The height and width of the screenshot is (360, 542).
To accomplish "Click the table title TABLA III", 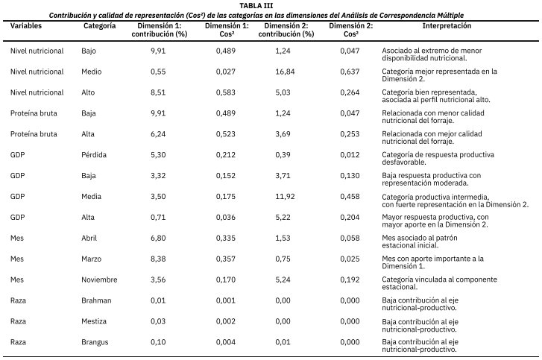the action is [256, 6].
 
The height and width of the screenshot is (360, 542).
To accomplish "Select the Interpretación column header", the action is [447, 26].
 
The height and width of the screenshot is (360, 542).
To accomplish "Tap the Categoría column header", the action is [100, 26].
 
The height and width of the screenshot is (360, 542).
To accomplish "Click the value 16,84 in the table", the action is [285, 72].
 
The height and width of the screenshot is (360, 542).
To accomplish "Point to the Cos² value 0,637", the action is [350, 72].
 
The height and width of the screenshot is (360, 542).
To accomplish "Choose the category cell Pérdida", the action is [94, 155].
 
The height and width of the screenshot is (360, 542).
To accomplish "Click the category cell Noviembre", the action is [99, 280].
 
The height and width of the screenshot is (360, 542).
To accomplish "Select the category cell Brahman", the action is [96, 300].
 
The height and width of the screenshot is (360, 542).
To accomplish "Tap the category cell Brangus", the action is [95, 342].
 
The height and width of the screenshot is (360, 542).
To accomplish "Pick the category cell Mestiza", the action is [94, 321].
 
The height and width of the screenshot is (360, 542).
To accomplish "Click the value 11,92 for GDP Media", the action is [285, 196].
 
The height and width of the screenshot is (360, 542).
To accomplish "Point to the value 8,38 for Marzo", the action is [158, 259].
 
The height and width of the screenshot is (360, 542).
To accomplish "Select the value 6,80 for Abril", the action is [158, 238].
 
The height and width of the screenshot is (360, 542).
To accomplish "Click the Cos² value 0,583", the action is [226, 92].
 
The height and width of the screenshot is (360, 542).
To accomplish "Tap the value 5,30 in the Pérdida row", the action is [158, 155].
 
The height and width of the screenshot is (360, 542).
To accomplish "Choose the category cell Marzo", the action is [91, 259].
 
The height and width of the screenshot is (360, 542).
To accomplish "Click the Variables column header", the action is [26, 26].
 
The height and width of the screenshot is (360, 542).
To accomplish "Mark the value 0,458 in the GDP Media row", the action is [350, 196].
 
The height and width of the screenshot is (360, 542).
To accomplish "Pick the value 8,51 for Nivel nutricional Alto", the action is [158, 92].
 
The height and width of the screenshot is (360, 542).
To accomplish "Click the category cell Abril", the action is [89, 238].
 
